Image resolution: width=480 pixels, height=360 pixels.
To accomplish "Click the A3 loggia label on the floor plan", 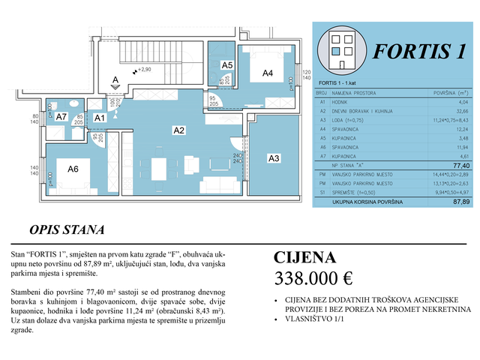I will [274, 158].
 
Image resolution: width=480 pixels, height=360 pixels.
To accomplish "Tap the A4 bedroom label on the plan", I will [267, 73].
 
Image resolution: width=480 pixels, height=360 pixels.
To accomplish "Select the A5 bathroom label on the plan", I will [227, 66].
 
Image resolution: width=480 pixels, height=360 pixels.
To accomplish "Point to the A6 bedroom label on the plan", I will [73, 169].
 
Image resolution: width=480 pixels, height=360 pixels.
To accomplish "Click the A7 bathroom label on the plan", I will [62, 117].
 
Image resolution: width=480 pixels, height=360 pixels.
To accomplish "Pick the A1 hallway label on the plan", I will [99, 118].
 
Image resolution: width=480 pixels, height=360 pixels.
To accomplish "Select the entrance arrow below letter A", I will [115, 88].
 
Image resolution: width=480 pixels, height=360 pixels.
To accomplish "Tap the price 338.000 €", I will [313, 280].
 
